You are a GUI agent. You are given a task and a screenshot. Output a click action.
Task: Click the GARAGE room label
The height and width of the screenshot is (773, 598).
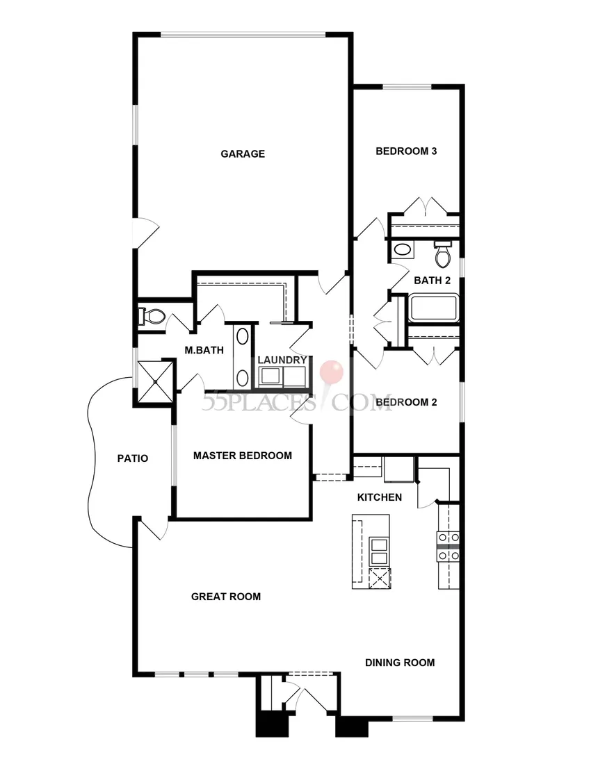242,153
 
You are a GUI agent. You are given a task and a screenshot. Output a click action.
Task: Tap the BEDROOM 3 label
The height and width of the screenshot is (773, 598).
406,151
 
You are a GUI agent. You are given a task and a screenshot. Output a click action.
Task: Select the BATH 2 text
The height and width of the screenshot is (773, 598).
433,281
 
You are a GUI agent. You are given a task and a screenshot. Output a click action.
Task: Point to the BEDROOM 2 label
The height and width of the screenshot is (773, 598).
406,402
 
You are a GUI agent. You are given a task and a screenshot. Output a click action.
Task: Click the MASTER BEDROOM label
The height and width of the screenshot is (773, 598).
242,456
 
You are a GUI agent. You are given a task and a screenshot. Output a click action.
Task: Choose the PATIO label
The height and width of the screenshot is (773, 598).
133,458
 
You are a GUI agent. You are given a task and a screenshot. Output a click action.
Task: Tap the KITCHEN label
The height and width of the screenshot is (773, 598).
380,497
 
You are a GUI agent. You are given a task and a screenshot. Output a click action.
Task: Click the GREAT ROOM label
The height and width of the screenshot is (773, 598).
226,597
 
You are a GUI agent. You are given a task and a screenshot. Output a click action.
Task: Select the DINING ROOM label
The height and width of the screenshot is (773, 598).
400,663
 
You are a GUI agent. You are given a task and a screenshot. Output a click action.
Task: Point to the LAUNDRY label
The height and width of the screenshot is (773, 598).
282,360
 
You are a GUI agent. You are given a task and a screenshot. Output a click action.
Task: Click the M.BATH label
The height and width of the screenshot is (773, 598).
204,351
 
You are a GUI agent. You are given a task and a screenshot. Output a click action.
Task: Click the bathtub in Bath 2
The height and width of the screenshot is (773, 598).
433,308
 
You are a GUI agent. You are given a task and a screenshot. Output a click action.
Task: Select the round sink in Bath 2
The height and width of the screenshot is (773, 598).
403,250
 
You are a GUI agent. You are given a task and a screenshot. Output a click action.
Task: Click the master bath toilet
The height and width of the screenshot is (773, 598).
152,316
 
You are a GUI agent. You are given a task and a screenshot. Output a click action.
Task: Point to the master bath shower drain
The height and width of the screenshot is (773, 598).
156,381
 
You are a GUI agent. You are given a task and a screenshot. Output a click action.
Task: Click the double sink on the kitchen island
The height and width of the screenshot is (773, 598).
379,551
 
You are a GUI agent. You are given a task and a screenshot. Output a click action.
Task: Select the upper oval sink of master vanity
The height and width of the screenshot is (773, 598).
242,337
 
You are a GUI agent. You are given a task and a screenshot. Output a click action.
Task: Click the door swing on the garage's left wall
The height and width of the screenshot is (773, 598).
148,233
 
